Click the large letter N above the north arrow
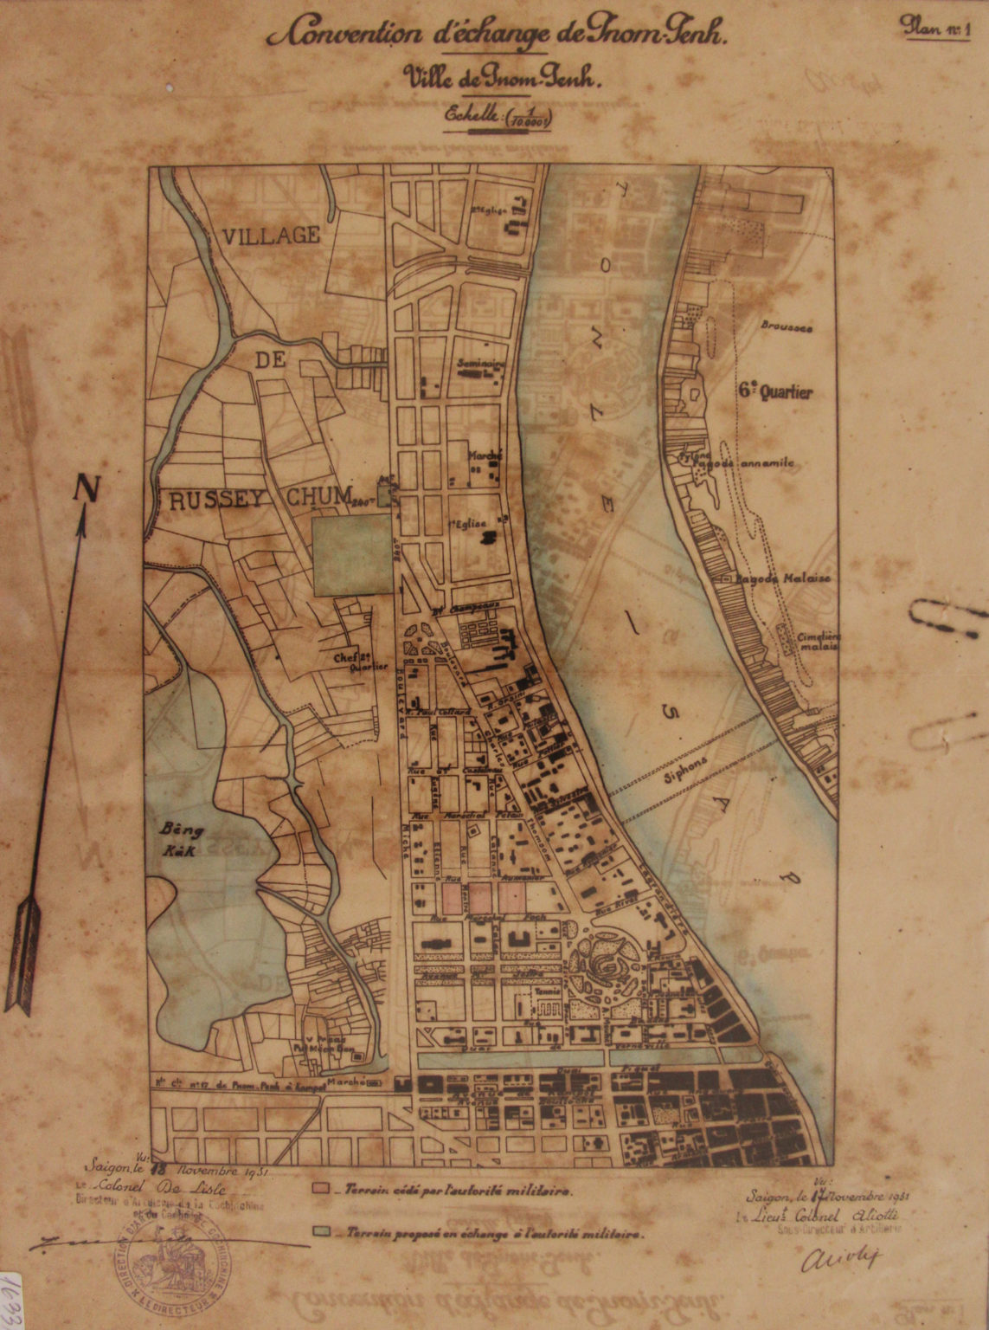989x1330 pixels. click(x=86, y=488)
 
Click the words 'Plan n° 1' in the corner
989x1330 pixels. click(x=936, y=26)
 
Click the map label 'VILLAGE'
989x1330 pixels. click(x=270, y=235)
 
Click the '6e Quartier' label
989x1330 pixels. click(x=776, y=392)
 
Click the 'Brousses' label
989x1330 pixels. click(x=786, y=327)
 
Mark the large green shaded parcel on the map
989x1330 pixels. click(x=352, y=554)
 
